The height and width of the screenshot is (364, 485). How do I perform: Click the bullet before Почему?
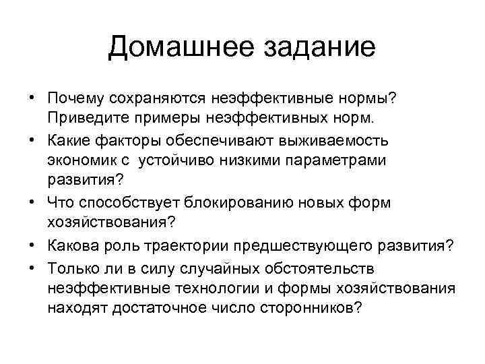[32, 100]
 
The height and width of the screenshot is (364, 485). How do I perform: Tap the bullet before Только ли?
[32, 268]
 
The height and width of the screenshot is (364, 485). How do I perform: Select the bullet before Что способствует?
[32, 203]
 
